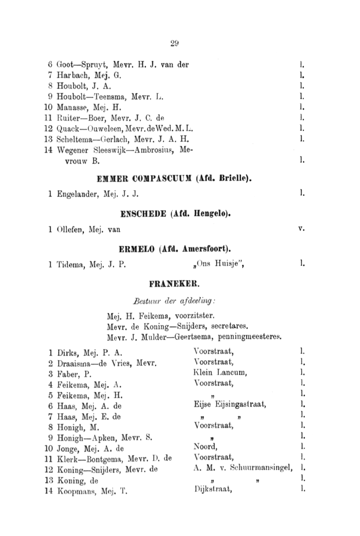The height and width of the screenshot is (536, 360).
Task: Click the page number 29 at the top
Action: coord(175,43)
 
